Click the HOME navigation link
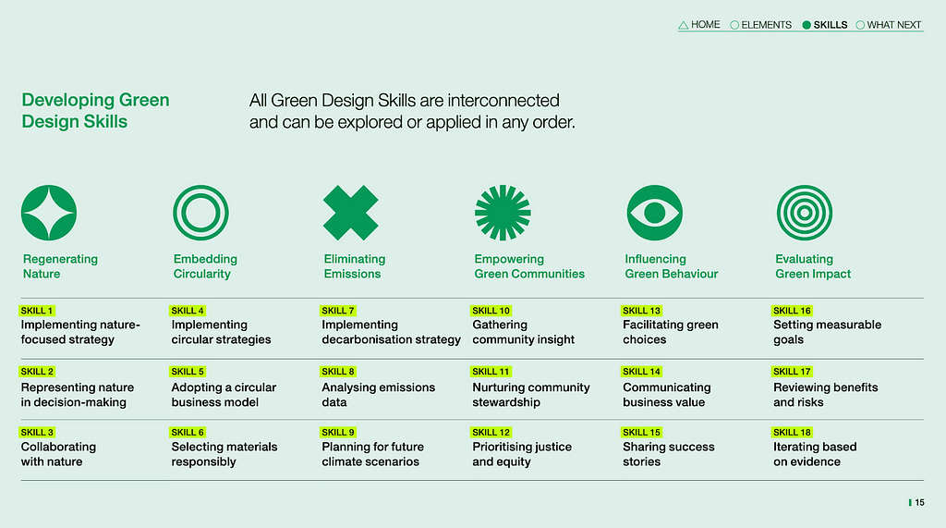699,25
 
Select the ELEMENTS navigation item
761,25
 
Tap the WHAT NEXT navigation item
889,25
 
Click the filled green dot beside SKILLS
807,25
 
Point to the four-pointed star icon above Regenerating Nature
49,213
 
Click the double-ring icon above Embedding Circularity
200,188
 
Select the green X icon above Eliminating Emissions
350,213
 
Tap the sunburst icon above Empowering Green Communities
503,213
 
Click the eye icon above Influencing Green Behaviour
655,213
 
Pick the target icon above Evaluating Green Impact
805,188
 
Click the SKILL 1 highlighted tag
37,311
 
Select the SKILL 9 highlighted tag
338,432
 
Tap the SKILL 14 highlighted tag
642,372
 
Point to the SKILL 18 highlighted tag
792,432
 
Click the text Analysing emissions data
378,395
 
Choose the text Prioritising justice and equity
522,454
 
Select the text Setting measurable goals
827,332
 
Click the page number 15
919,503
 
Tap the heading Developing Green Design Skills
95,111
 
